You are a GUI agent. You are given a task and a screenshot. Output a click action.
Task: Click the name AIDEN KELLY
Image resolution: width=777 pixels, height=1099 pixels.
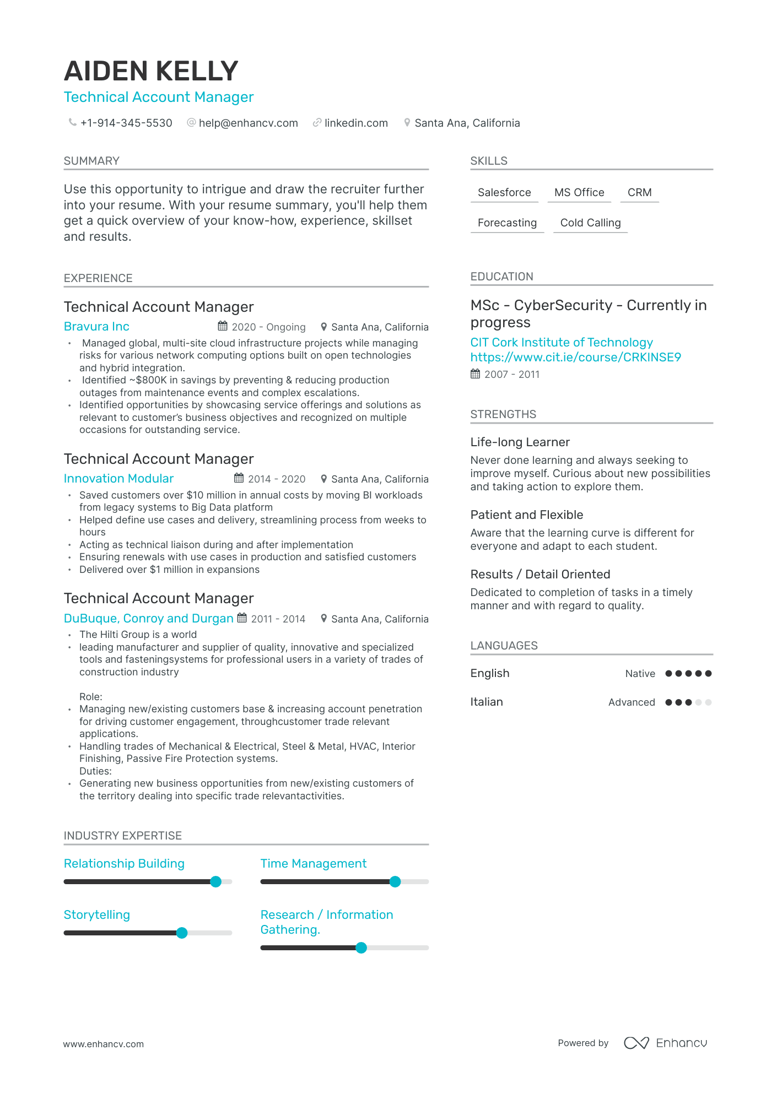151,71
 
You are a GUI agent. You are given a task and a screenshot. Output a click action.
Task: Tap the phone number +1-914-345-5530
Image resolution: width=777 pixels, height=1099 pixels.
126,123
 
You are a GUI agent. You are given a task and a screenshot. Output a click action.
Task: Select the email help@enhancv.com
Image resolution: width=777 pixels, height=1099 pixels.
248,123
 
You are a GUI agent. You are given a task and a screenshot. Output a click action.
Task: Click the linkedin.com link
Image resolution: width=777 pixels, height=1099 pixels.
356,123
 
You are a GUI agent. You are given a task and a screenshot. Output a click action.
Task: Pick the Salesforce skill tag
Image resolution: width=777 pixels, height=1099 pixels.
504,192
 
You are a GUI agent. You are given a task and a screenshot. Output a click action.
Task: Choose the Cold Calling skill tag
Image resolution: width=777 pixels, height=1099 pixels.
590,223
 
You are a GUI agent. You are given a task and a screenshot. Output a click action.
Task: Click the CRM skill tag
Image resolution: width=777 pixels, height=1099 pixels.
639,192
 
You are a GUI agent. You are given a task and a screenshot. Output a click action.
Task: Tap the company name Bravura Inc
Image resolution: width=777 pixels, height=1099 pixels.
96,326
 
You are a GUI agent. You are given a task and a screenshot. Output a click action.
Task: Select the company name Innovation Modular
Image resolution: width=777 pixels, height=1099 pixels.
118,478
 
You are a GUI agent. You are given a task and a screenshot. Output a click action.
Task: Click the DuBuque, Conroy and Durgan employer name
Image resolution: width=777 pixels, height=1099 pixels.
149,618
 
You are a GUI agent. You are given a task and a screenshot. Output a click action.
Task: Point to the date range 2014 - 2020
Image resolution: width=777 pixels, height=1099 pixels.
277,479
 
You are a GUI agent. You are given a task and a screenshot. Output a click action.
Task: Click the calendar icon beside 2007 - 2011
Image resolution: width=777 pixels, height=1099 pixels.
475,374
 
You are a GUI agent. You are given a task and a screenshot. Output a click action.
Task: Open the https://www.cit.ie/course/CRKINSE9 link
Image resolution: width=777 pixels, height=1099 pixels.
575,357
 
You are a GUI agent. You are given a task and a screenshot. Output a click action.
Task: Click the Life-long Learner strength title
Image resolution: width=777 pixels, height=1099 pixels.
520,442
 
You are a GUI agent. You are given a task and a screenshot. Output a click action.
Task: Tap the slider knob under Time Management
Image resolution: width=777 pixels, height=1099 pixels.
395,881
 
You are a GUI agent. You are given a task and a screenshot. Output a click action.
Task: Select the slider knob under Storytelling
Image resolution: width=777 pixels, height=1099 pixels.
182,933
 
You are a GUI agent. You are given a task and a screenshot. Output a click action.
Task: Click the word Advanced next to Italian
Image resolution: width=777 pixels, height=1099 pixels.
632,702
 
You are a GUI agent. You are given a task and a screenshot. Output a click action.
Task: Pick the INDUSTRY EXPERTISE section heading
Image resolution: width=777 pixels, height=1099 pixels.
122,835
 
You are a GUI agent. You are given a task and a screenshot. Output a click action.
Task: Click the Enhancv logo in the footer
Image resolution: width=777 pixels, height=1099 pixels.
665,1042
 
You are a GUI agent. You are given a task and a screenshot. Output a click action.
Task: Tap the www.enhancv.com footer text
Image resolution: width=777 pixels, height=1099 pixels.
103,1043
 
